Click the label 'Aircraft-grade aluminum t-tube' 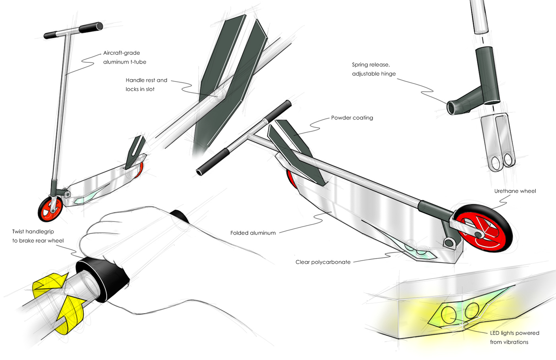124,57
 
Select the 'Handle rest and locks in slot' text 146,85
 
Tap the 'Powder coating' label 352,118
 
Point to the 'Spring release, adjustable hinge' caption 373,69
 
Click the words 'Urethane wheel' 515,191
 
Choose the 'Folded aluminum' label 253,233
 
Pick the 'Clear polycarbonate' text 322,262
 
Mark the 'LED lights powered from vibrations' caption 514,337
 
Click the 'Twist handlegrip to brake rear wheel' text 38,236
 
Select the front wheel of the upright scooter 50,209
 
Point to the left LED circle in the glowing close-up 449,314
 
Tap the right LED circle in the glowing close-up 472,310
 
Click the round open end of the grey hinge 452,108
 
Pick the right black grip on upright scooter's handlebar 91,28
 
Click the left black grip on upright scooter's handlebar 52,35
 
